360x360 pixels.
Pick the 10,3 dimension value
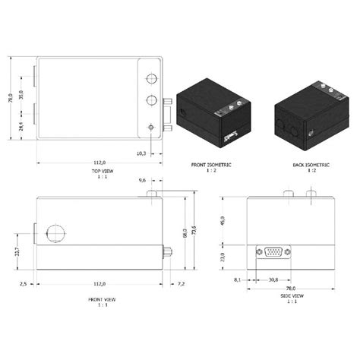(x=141, y=153)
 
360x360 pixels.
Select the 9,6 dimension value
(x=142, y=182)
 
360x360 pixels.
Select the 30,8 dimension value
(x=274, y=280)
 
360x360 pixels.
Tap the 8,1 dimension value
(x=238, y=280)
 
